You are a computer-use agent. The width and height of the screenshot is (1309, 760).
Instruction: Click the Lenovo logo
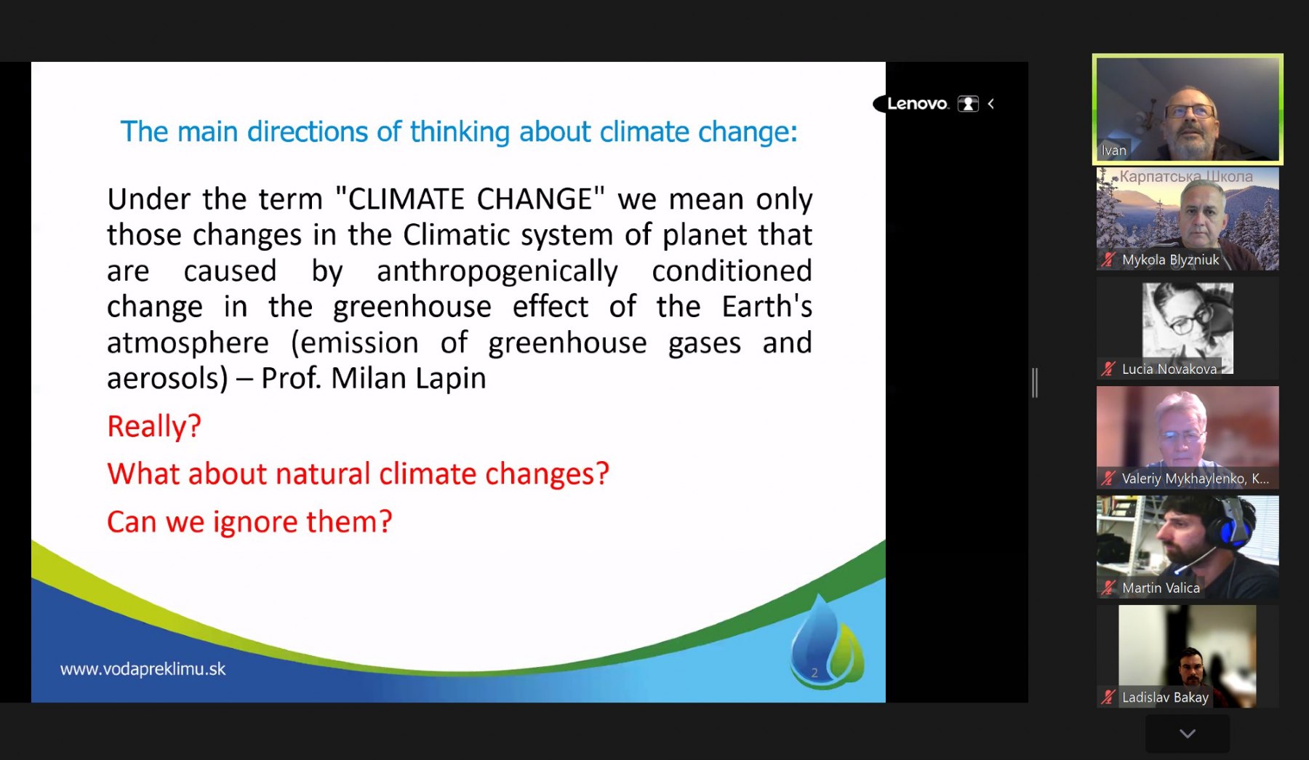(x=917, y=103)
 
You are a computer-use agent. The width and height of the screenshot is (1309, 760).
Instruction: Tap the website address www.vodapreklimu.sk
(x=143, y=669)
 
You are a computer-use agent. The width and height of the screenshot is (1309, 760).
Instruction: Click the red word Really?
(x=154, y=426)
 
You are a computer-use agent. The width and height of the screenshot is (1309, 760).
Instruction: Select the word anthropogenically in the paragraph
(x=497, y=271)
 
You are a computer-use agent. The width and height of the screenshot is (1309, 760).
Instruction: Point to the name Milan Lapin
(x=408, y=378)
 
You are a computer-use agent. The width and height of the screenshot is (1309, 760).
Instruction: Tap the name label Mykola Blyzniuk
(x=1170, y=260)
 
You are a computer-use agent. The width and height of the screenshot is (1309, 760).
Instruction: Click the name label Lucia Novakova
(x=1169, y=369)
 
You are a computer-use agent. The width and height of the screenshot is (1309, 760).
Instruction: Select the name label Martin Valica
(x=1161, y=588)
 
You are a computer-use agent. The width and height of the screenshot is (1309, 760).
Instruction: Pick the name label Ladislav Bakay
(x=1165, y=697)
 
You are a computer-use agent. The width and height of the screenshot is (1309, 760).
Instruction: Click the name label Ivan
(x=1113, y=151)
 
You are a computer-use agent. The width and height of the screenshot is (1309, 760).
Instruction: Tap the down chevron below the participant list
(x=1188, y=734)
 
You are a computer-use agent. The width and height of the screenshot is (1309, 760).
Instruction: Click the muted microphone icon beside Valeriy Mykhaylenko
(x=1108, y=478)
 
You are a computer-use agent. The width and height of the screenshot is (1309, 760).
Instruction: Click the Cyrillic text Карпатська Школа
(x=1186, y=176)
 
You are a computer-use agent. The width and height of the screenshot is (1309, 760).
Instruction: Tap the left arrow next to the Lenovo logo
(x=990, y=104)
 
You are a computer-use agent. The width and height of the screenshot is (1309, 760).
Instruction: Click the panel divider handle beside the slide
(x=1035, y=383)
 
